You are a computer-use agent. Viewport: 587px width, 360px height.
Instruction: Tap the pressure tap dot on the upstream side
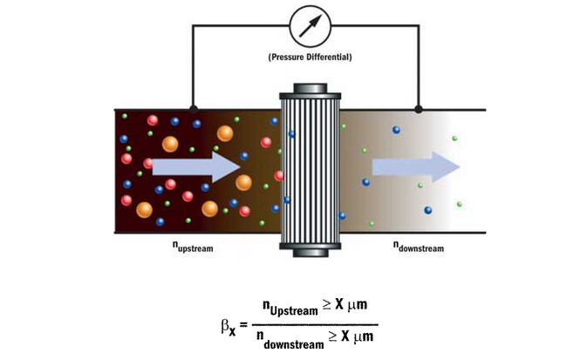coord(194,109)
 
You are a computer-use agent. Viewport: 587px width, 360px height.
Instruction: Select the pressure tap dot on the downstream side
coord(418,109)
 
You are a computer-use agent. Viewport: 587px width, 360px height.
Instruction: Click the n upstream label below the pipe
coord(193,248)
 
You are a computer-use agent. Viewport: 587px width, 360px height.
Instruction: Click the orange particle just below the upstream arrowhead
coord(243,182)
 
